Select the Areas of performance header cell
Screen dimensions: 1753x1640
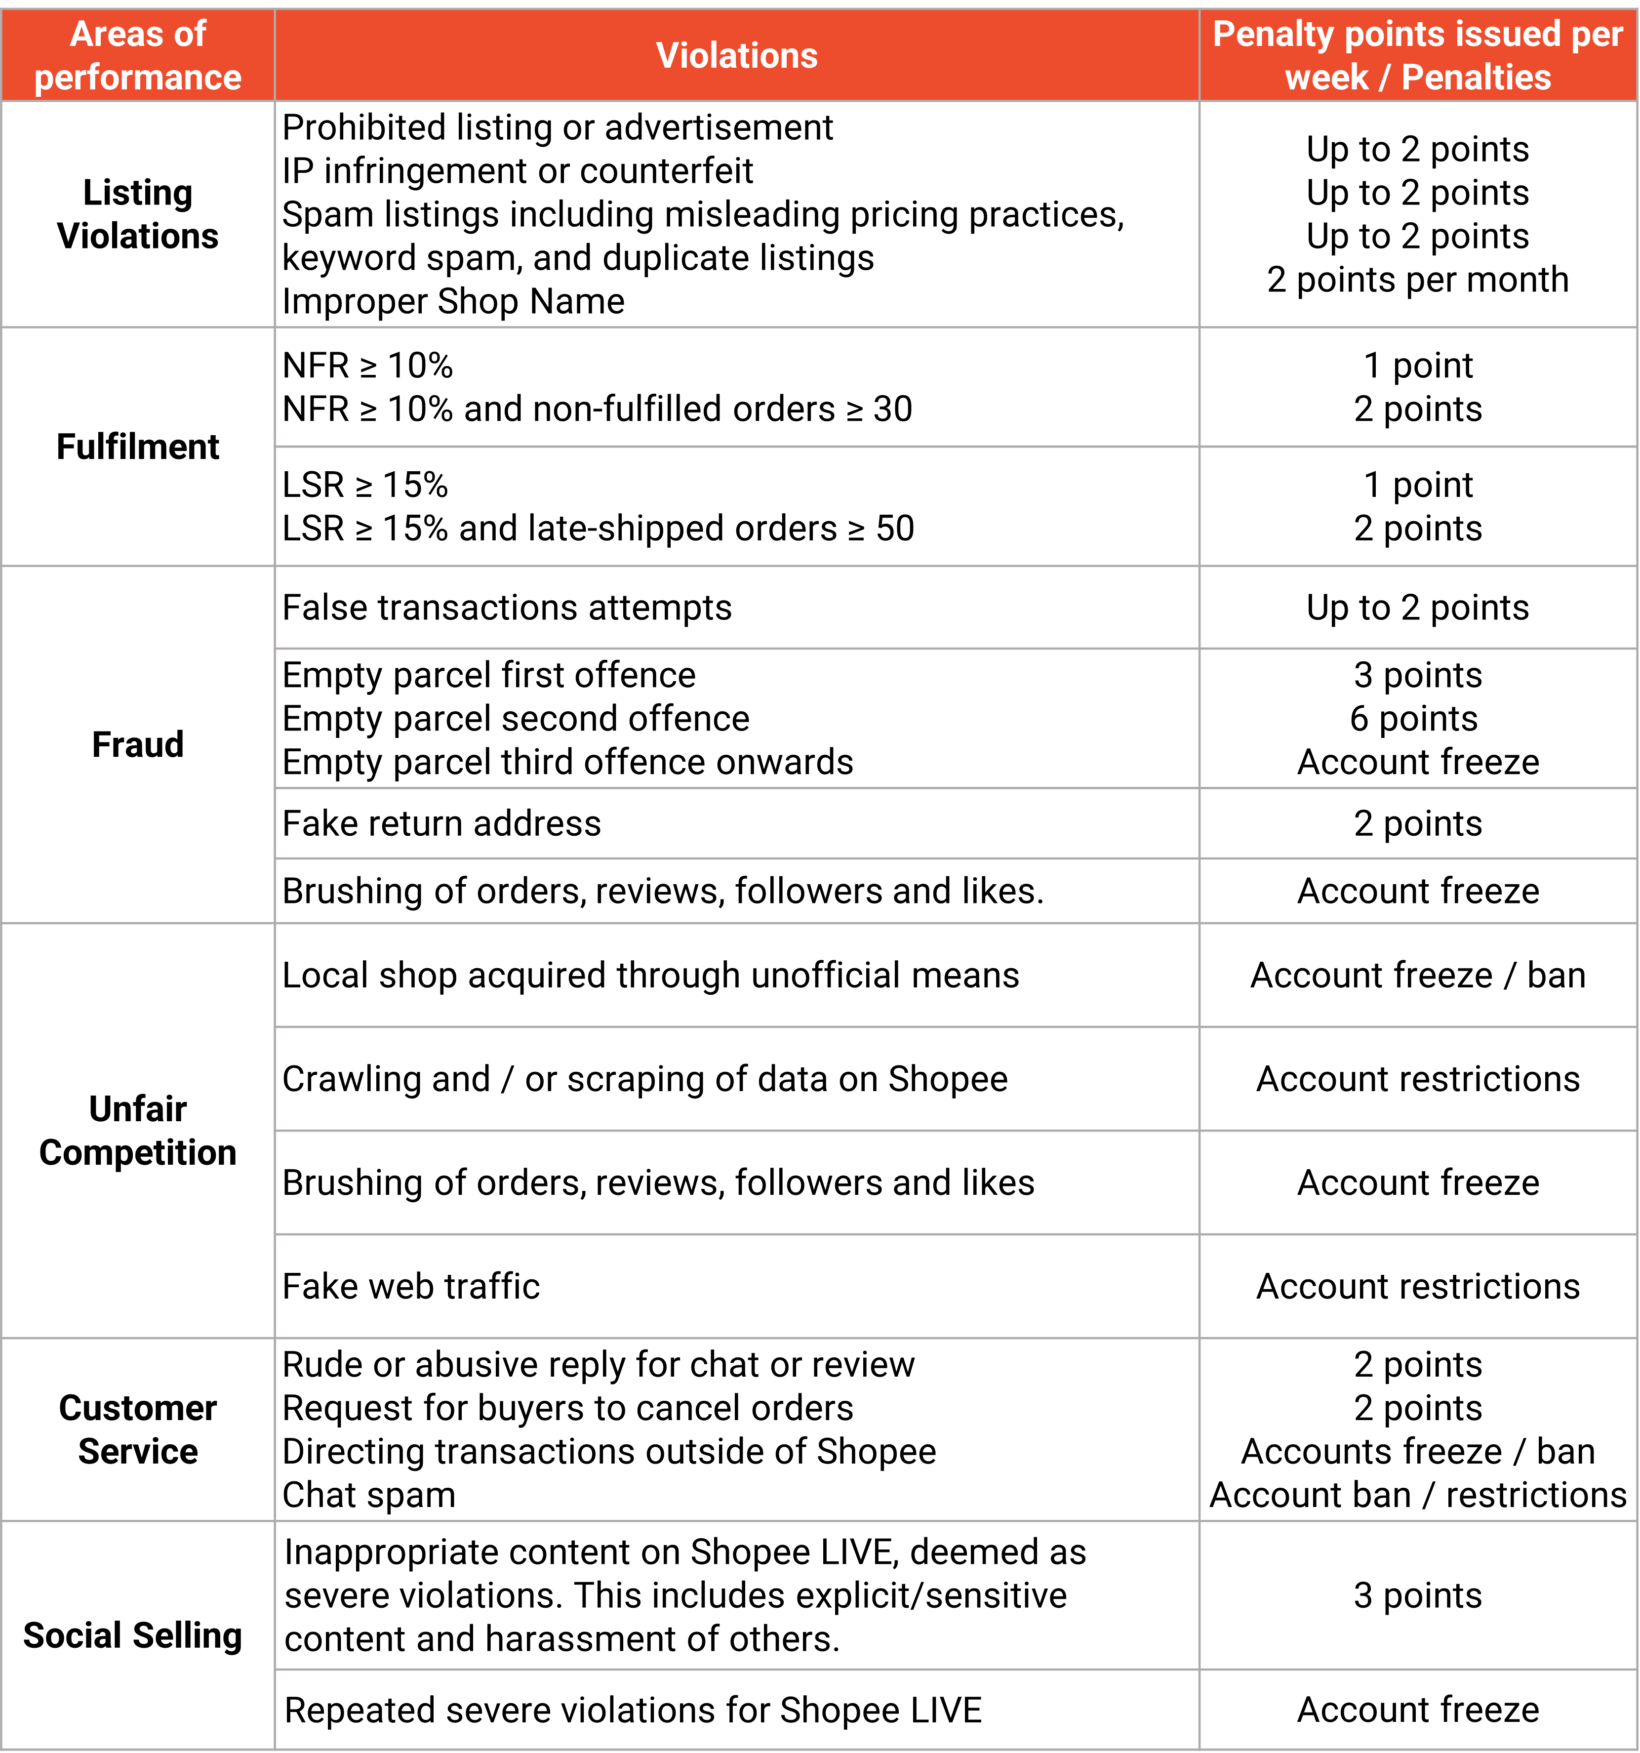[x=138, y=55]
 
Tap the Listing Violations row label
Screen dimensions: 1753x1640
[x=138, y=214]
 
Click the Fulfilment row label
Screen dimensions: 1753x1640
[x=138, y=447]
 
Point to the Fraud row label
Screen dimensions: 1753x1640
[x=138, y=744]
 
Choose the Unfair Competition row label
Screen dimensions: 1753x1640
[x=138, y=1131]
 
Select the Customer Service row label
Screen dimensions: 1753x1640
[x=138, y=1429]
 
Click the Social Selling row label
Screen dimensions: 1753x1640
[x=132, y=1636]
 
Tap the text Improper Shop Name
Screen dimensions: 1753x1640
[x=453, y=302]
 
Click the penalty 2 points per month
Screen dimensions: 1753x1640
[x=1418, y=280]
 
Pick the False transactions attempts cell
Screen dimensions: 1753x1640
[x=507, y=608]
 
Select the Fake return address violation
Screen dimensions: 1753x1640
[x=442, y=823]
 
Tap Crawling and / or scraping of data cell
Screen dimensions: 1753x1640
[x=644, y=1079]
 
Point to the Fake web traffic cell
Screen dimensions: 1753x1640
[x=411, y=1287]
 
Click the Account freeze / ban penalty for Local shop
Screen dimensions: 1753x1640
[x=1418, y=975]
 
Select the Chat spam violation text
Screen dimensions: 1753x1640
[x=368, y=1496]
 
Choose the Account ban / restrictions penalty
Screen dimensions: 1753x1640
[x=1418, y=1496]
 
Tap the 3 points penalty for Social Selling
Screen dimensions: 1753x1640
[x=1418, y=1596]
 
